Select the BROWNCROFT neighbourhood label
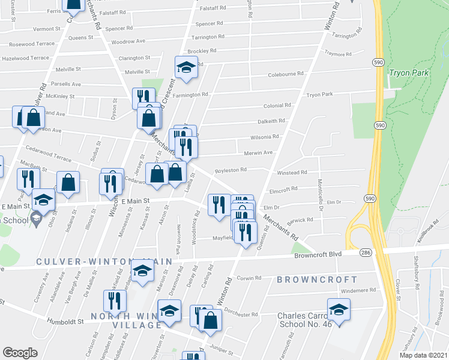[317, 280]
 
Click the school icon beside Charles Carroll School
[339, 310]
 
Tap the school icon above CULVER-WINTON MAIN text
[142, 272]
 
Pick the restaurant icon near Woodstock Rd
[217, 204]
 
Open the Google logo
[20, 353]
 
